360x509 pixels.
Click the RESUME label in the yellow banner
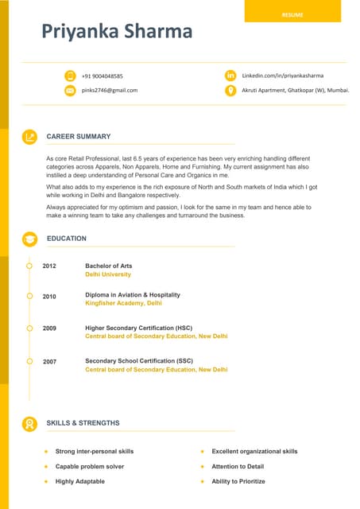tap(292, 14)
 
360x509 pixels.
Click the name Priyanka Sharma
tap(117, 31)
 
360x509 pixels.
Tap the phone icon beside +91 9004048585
tap(70, 76)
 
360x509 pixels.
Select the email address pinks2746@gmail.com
tap(110, 91)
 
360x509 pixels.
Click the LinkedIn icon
tap(230, 76)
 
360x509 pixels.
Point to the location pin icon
tap(230, 91)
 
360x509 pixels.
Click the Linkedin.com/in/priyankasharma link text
tap(283, 76)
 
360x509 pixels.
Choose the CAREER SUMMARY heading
tap(79, 137)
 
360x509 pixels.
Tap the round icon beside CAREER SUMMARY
tap(29, 137)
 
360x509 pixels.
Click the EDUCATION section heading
tap(67, 239)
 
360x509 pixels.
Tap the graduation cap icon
tap(29, 239)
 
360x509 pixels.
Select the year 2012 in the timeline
tap(49, 266)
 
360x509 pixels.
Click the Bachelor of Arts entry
tap(108, 266)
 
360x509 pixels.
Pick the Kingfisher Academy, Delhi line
tap(123, 303)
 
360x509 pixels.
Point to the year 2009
tap(49, 328)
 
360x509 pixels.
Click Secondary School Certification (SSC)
tap(138, 361)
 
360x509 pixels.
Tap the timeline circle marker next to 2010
tap(29, 296)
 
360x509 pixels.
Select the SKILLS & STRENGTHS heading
tap(83, 423)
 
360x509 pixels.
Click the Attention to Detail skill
tap(238, 466)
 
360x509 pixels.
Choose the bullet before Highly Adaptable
tap(46, 481)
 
